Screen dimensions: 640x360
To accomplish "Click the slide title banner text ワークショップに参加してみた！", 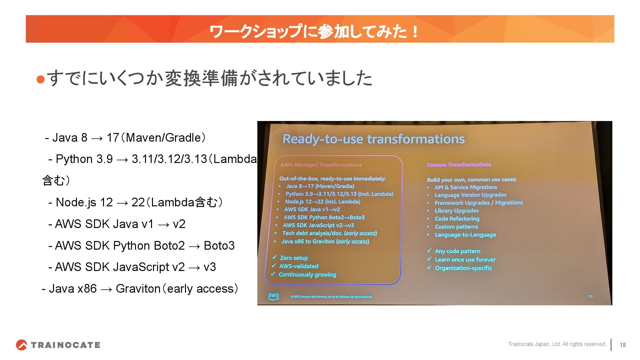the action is pos(313,31).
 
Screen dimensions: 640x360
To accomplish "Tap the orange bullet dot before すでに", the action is pos(40,79).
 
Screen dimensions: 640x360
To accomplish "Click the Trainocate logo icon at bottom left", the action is pos(21,345).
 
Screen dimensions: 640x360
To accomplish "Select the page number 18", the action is pos(622,345).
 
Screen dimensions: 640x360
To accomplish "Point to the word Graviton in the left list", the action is pos(138,289).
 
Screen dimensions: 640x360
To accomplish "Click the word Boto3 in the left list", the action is pos(219,246).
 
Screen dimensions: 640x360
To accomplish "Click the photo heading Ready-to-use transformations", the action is pos(373,139).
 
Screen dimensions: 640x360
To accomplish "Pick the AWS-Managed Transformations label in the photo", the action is pos(321,165).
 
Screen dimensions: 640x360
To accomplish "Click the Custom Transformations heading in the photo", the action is pos(459,165).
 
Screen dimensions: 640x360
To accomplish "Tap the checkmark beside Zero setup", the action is pos(274,257).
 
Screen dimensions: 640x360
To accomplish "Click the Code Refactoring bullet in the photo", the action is pos(457,219).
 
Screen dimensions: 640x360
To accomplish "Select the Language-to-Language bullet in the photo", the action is pos(465,235).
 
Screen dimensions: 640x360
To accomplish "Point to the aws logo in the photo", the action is pos(273,296).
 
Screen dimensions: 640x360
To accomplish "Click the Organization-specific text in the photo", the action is pos(463,268).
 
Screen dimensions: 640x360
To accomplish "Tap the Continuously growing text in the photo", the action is pos(307,275).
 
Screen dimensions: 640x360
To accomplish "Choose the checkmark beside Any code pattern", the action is pos(429,251).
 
